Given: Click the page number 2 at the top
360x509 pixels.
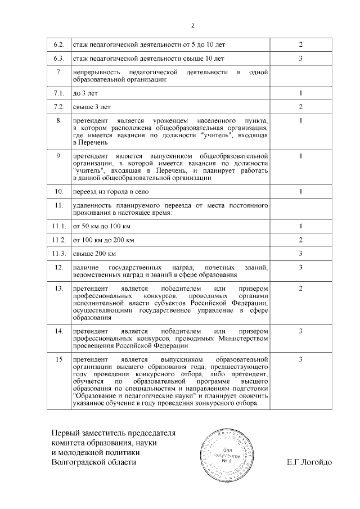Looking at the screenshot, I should tap(193, 25).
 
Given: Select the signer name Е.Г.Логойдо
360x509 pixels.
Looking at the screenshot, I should tap(309, 462).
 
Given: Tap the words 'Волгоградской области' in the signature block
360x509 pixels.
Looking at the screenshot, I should tap(93, 462).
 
